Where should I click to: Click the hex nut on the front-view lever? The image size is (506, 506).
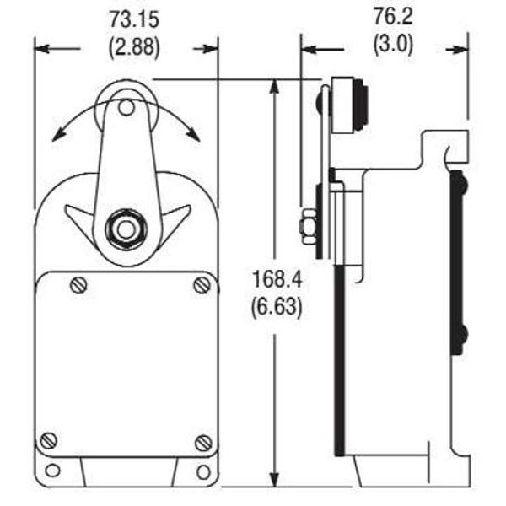pos(126,229)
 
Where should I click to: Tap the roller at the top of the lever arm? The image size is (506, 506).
pos(126,106)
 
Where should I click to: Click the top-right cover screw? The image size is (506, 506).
pos(202,285)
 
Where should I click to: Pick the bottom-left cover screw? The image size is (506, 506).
pos(50,439)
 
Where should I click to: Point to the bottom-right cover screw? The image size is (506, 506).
pos(202,441)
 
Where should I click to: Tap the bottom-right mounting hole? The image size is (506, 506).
pos(202,470)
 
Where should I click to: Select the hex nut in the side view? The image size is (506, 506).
pos(308,229)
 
